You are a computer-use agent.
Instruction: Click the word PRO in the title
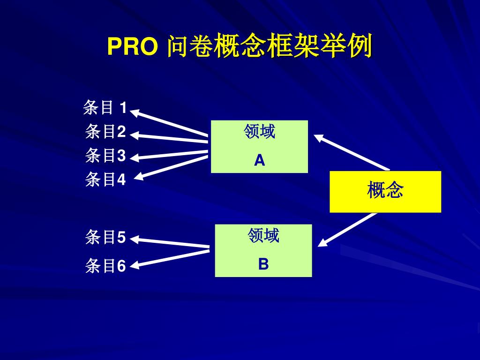132,47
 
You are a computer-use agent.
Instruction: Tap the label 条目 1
105,108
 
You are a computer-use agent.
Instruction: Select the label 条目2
105,132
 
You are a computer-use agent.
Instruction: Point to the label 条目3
105,155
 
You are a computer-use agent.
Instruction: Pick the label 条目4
105,179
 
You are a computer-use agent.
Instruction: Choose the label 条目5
105,238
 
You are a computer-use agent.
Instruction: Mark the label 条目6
105,266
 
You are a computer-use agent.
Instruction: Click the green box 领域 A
259,146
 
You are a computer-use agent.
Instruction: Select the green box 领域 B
263,250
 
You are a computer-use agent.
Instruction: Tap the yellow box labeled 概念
385,191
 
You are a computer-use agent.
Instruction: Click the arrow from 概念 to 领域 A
352,152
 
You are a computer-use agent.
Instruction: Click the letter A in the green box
259,161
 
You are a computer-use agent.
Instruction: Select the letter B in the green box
263,265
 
